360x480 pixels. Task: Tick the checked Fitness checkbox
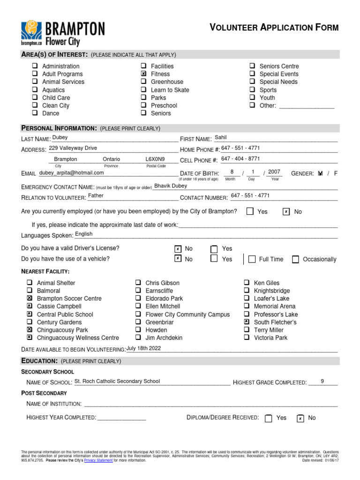(143, 74)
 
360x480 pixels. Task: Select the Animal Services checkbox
(35, 82)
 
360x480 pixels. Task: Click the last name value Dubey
(60, 138)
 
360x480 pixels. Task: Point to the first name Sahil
(220, 138)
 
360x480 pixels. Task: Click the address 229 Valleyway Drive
(73, 148)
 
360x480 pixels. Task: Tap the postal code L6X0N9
(155, 159)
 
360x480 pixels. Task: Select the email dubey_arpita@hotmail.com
(71, 173)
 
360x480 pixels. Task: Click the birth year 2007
(274, 172)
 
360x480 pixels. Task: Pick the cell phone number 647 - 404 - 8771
(240, 159)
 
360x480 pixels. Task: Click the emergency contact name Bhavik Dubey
(171, 186)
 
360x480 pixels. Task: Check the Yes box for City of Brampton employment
(250, 211)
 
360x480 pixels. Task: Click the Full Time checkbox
(252, 259)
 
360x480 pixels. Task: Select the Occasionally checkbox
(295, 259)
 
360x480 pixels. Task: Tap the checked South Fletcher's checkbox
(247, 322)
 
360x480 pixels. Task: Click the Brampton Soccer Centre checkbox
(30, 299)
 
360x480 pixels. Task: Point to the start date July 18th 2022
(143, 348)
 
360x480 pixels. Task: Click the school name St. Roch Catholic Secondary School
(117, 381)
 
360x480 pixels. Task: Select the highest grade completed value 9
(322, 381)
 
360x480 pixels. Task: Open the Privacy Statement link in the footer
(98, 460)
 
